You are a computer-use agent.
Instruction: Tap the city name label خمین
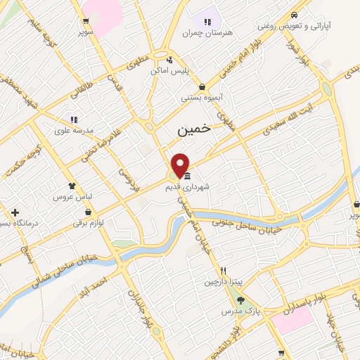[x=193, y=129]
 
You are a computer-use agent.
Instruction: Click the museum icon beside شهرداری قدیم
[x=187, y=175]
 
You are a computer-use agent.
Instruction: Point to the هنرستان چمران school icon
[x=207, y=21]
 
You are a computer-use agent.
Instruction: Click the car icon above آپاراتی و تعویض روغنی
[x=295, y=15]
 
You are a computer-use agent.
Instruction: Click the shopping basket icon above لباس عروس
[x=72, y=166]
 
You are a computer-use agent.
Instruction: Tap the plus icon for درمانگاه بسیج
[x=14, y=212]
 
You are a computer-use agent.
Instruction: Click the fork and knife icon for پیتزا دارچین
[x=223, y=271]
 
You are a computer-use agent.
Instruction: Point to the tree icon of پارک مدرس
[x=240, y=300]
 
